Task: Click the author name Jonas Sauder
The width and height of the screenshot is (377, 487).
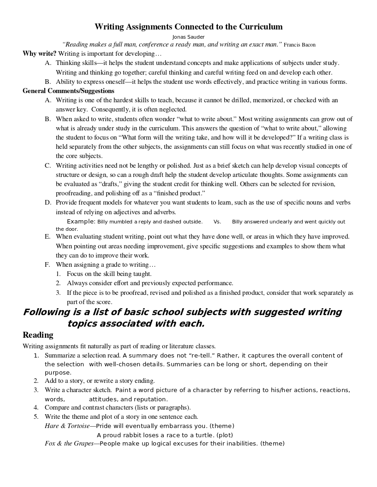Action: (x=188, y=36)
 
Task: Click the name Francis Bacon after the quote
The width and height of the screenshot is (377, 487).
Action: (x=299, y=45)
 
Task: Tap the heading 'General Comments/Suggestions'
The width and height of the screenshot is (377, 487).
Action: (x=68, y=91)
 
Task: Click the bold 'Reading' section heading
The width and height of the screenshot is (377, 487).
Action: (x=38, y=335)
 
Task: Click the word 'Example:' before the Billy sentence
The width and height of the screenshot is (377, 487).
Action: (x=81, y=222)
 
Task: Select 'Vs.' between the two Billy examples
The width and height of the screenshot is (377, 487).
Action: (x=217, y=222)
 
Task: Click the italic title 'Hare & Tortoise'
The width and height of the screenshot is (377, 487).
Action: (x=67, y=426)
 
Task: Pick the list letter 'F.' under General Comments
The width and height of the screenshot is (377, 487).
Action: (x=48, y=264)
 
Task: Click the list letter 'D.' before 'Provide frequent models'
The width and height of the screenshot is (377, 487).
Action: (x=48, y=202)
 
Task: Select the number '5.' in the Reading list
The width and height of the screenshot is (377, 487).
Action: (x=36, y=417)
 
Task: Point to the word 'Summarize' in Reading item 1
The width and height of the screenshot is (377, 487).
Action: (x=60, y=355)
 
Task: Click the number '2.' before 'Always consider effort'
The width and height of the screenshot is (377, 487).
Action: (x=59, y=283)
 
